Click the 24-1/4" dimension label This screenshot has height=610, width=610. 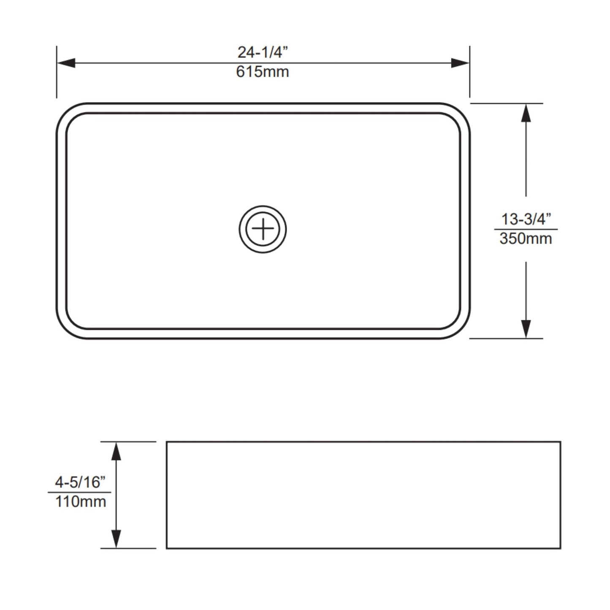263,52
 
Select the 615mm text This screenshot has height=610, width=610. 263,72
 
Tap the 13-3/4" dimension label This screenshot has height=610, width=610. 526,219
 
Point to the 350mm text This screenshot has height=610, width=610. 526,239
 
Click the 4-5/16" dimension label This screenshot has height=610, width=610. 80,482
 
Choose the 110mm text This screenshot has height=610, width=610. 80,502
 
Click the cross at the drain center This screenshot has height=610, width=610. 263,229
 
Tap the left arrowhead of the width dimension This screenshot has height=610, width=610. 66,63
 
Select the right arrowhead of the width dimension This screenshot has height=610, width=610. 460,63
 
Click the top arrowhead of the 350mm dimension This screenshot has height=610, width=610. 526,113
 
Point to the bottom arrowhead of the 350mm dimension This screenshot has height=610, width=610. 526,328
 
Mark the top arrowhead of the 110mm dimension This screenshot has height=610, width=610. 116,451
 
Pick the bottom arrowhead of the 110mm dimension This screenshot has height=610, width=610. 116,539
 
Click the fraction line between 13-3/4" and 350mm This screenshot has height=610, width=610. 526,229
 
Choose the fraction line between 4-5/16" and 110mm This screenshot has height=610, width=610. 80,492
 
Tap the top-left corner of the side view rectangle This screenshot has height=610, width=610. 167,442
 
